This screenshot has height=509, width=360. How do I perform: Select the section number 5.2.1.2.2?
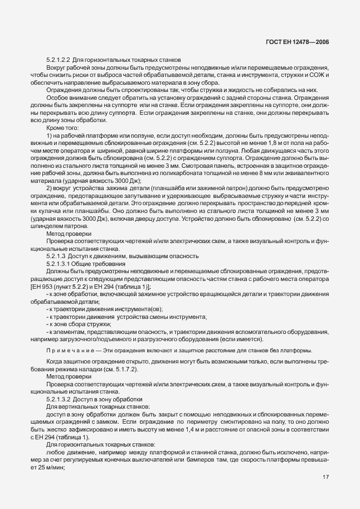[60, 60]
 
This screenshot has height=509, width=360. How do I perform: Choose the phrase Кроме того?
[62, 128]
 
